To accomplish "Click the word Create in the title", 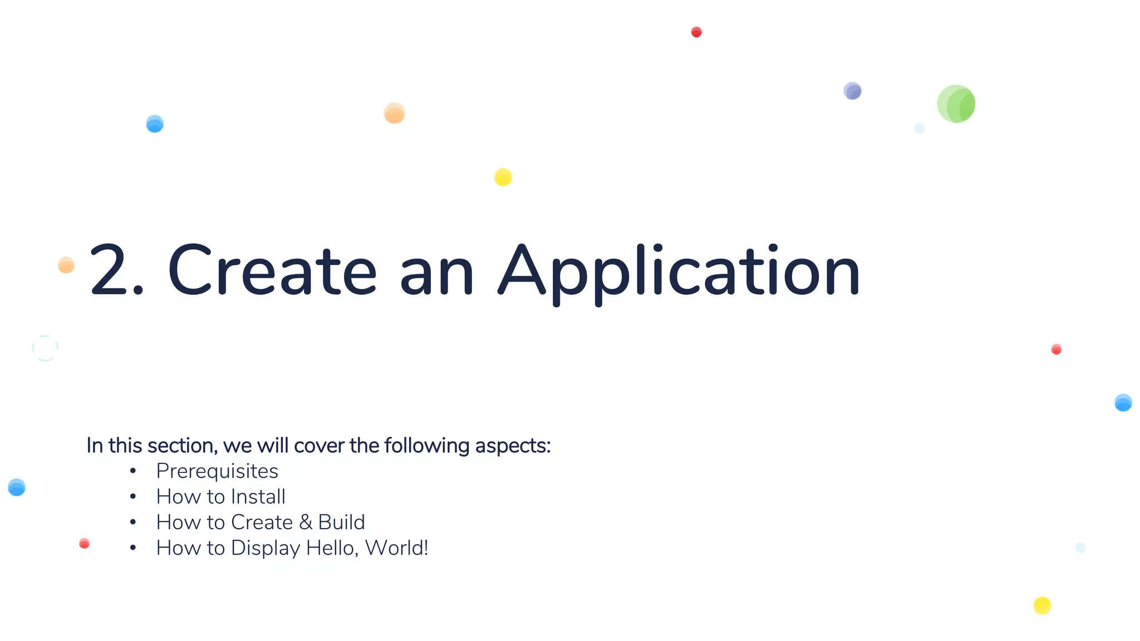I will pyautogui.click(x=272, y=272).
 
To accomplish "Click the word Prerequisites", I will pyautogui.click(x=217, y=471).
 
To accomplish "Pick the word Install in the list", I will pyautogui.click(x=258, y=496).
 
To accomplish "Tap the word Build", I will pyautogui.click(x=341, y=522).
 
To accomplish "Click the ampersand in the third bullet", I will pyautogui.click(x=306, y=522).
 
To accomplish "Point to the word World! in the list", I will pyautogui.click(x=397, y=548).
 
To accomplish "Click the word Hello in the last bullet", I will pyautogui.click(x=332, y=549).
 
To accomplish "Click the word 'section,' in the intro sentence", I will pyautogui.click(x=183, y=446).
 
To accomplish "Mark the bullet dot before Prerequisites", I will pyautogui.click(x=133, y=471).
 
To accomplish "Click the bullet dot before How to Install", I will pyautogui.click(x=133, y=496).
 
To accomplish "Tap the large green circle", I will pyautogui.click(x=956, y=104).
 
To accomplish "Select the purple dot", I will pyautogui.click(x=852, y=91).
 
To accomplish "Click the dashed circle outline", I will pyautogui.click(x=45, y=348).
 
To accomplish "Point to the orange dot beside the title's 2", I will pyautogui.click(x=66, y=265).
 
